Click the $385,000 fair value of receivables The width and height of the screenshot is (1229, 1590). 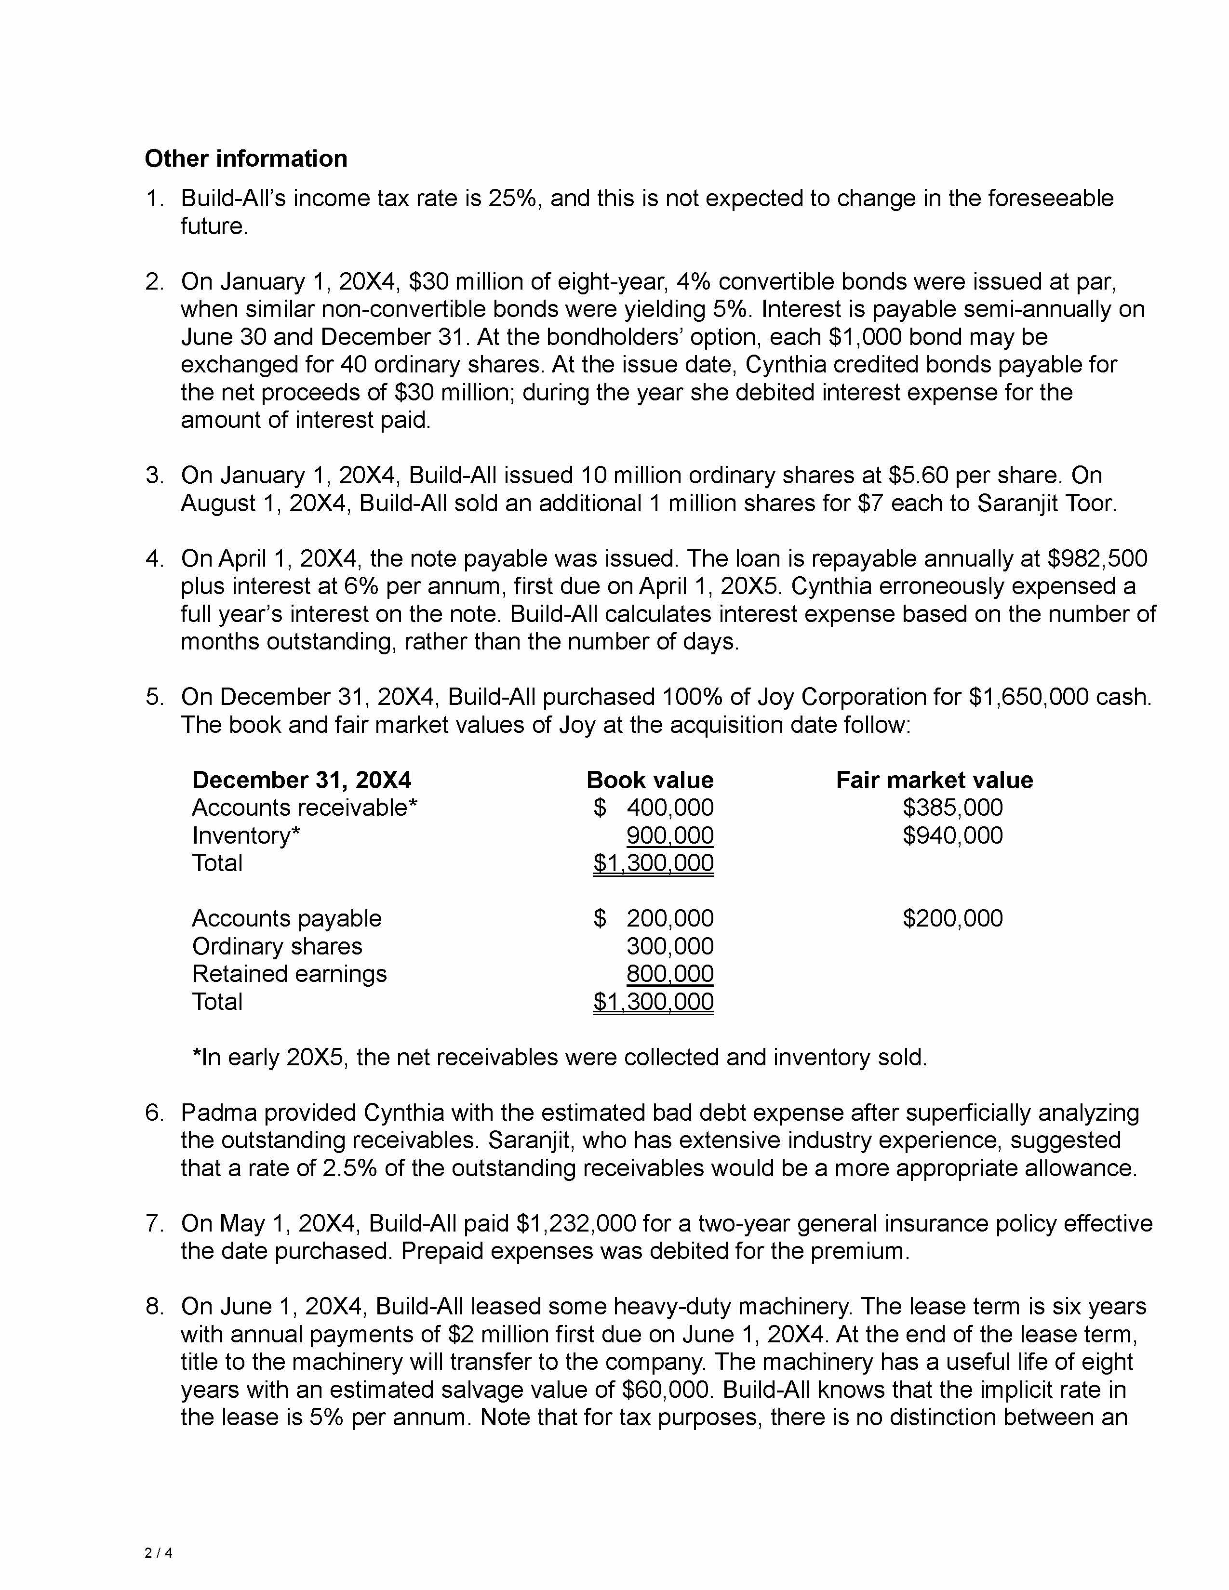pos(952,808)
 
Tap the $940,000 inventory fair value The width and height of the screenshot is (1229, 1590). pos(952,835)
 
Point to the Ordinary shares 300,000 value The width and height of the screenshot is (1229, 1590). pos(670,946)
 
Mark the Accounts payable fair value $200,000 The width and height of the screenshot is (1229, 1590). pos(952,918)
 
